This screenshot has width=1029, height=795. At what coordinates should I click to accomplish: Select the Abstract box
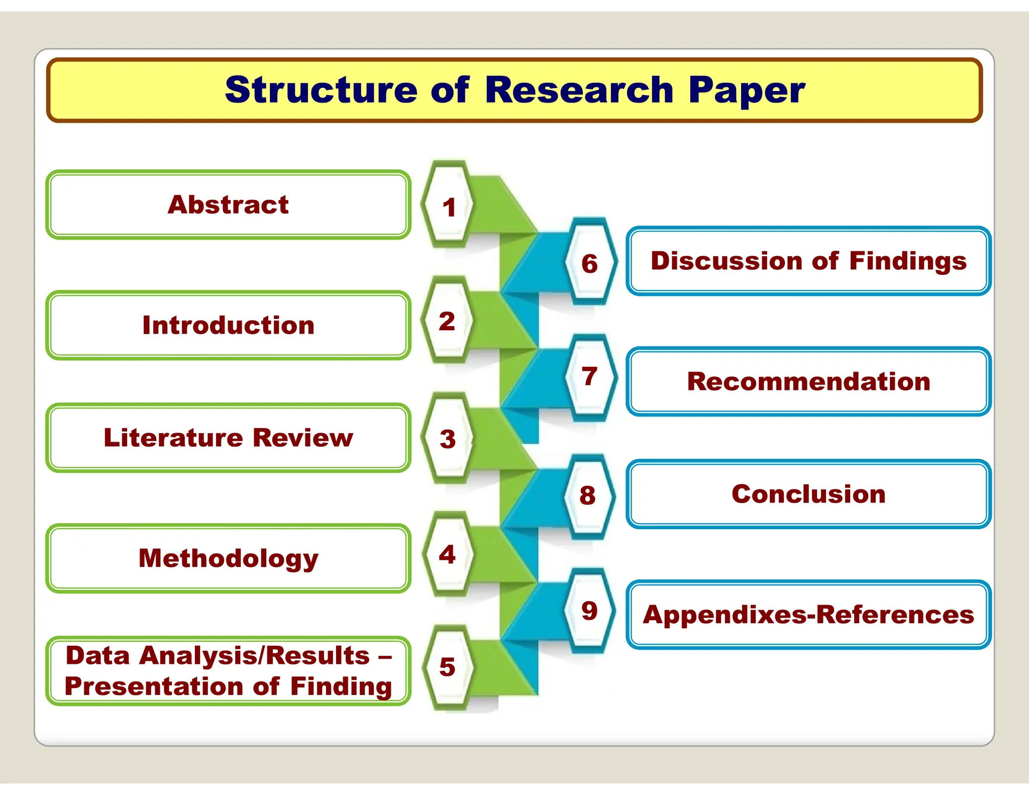click(228, 205)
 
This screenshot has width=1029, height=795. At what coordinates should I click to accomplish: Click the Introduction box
click(228, 325)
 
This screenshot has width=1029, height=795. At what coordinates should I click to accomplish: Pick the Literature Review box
click(228, 438)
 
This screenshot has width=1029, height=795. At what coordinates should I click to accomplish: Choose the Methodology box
click(228, 558)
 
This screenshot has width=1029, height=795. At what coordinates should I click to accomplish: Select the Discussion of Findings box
click(808, 261)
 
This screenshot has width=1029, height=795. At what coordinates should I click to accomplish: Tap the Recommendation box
click(808, 381)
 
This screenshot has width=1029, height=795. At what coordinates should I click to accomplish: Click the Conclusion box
click(808, 494)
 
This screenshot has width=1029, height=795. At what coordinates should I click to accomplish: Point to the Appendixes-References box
click(808, 615)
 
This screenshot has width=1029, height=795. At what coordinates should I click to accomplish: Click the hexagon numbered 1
click(448, 206)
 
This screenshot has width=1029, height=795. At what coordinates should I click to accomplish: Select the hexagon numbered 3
click(447, 439)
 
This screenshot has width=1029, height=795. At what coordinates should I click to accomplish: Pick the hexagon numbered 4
click(447, 555)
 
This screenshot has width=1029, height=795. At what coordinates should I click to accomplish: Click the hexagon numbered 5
click(447, 667)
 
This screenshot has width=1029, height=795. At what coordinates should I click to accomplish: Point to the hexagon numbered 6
click(590, 263)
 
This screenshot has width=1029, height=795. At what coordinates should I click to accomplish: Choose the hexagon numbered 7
click(590, 377)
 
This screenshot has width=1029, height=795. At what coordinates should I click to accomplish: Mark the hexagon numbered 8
click(588, 495)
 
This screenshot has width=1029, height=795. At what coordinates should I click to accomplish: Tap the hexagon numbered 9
click(590, 611)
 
